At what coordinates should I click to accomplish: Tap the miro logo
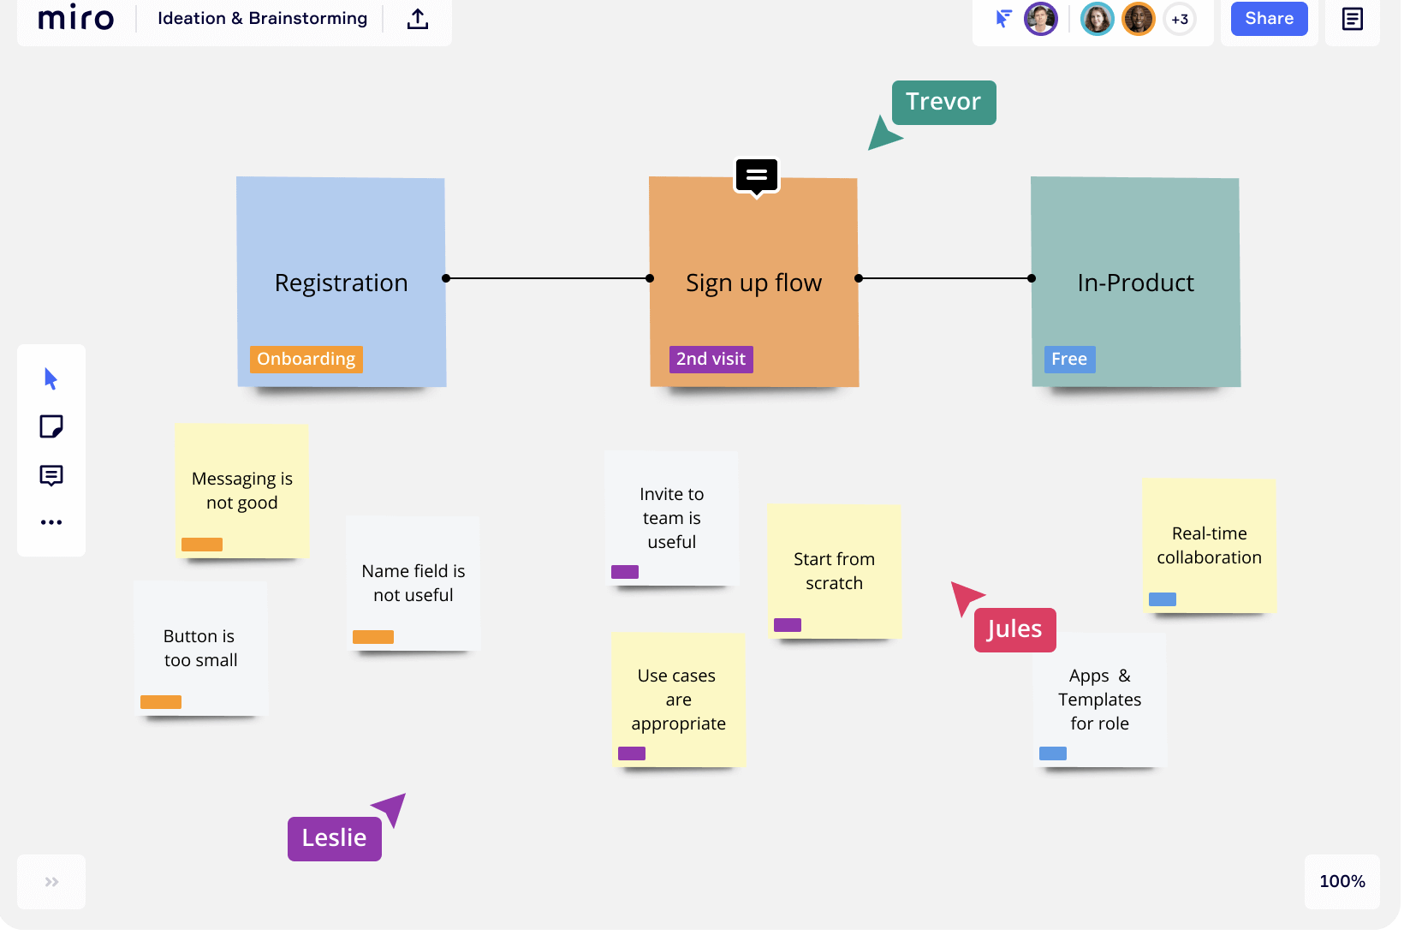coord(76,17)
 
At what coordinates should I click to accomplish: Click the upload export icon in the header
coord(418,19)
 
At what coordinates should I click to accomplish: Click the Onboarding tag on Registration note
coord(306,360)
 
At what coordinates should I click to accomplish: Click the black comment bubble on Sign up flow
coord(758,176)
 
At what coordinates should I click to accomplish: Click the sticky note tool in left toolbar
coord(51,427)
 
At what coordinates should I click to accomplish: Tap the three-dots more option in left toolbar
coord(51,523)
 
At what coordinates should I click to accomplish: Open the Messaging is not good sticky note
coord(242,491)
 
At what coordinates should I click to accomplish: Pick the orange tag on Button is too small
coord(161,703)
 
